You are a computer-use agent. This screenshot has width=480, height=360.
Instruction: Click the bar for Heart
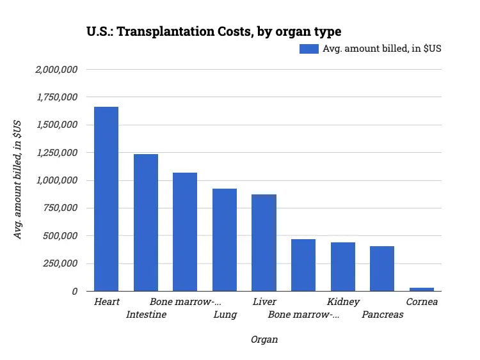(x=106, y=199)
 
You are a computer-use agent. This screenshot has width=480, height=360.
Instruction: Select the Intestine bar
(x=146, y=223)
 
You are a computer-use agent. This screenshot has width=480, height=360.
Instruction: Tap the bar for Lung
(x=225, y=240)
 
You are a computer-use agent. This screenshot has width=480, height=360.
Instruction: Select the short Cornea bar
(x=422, y=289)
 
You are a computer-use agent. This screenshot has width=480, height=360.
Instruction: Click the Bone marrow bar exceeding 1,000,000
(x=185, y=231)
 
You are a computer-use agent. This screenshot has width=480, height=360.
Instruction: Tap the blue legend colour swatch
(x=309, y=49)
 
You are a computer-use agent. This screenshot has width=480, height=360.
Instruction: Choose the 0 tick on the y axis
(x=75, y=291)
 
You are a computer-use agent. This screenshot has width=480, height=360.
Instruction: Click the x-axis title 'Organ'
(x=264, y=340)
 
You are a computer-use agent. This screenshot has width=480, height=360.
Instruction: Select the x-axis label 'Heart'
(x=106, y=302)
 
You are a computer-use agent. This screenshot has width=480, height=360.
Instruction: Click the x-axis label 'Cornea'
(x=422, y=302)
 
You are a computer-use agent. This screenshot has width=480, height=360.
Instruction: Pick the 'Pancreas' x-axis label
(x=383, y=315)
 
